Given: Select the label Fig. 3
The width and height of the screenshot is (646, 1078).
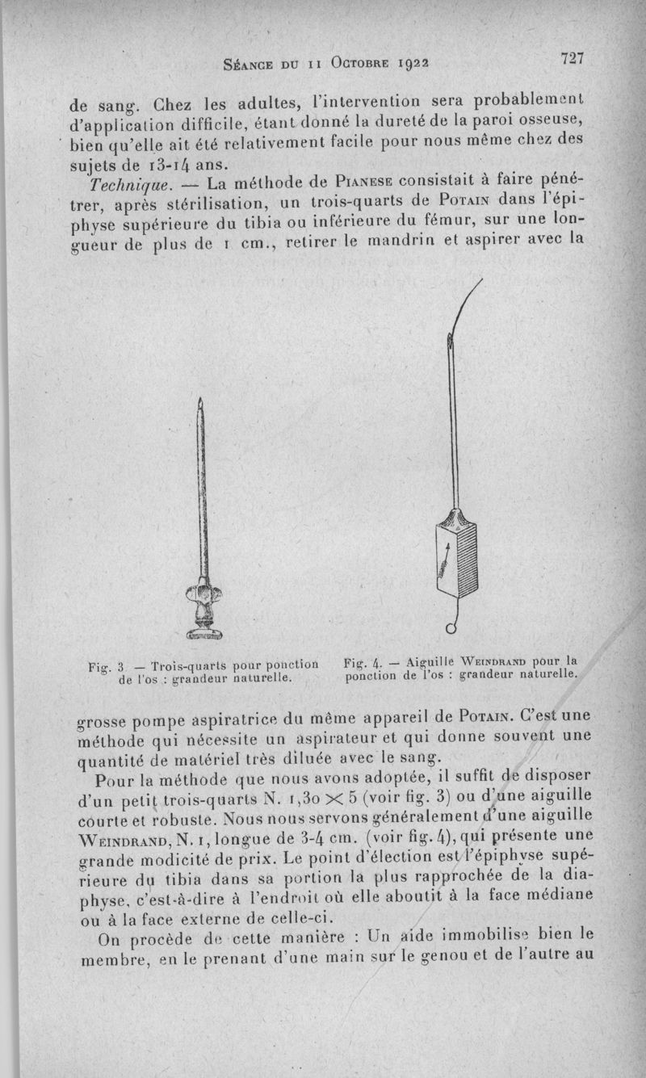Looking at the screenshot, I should coord(106,667).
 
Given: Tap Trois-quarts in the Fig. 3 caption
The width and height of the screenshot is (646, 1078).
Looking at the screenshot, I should coord(187,667).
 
